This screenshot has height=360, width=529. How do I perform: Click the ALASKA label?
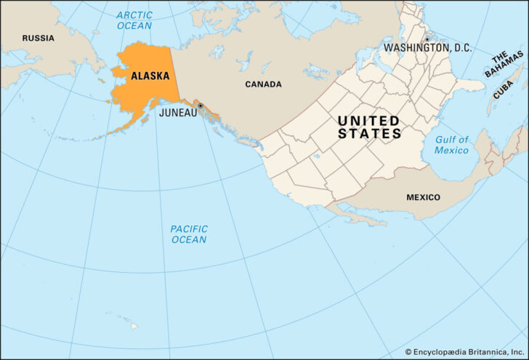pos(150,76)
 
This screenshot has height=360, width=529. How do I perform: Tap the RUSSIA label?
pos(38,38)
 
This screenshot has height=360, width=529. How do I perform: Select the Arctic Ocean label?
pos(134,20)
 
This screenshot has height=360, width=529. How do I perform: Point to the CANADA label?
pos(263,84)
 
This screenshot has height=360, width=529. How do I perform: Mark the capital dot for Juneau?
pos(200,106)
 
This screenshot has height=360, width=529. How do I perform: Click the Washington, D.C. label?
pos(427,48)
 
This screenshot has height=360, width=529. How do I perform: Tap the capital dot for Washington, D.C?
pos(427,39)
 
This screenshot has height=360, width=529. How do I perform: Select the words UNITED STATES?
pos(369,127)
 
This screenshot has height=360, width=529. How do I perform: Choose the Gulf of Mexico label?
pos(451,145)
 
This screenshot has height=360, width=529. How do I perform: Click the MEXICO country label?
pos(423,197)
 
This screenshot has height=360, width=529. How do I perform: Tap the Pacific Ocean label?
pos(189,234)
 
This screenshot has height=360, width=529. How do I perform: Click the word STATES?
pos(369,134)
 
